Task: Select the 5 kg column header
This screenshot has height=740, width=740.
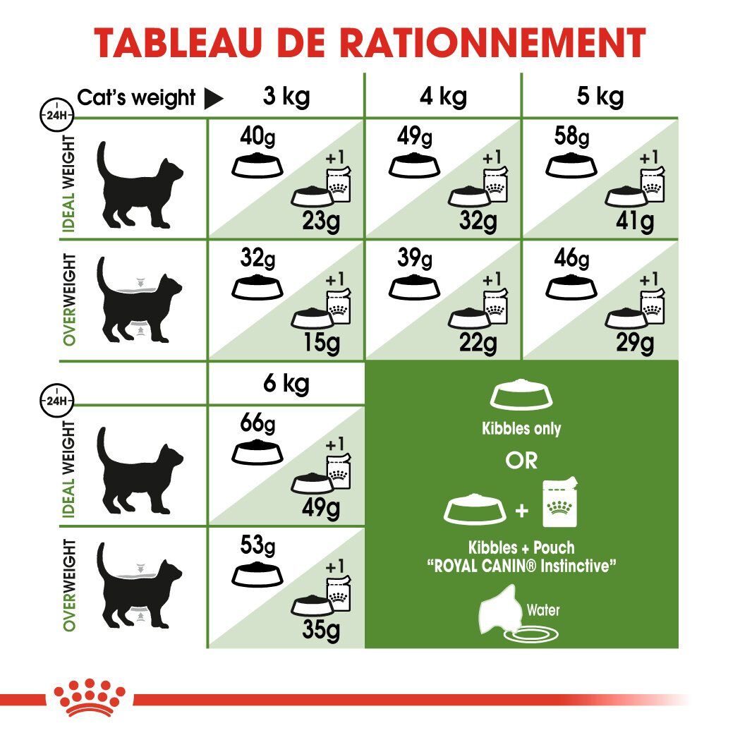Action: click(x=600, y=96)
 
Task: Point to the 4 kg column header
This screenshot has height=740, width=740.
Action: click(x=442, y=96)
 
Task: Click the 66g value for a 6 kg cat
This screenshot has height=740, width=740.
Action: click(x=257, y=425)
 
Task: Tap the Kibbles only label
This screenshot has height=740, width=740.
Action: click(x=521, y=428)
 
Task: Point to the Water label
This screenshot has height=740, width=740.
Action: click(x=543, y=610)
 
